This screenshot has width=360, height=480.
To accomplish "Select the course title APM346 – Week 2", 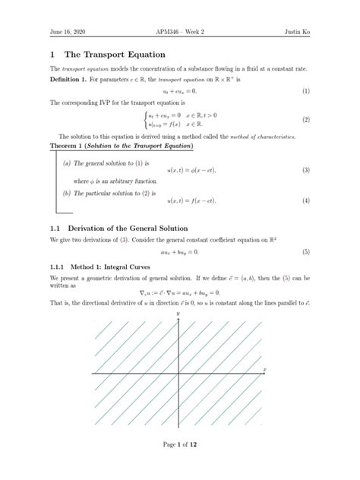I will click(179, 30).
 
